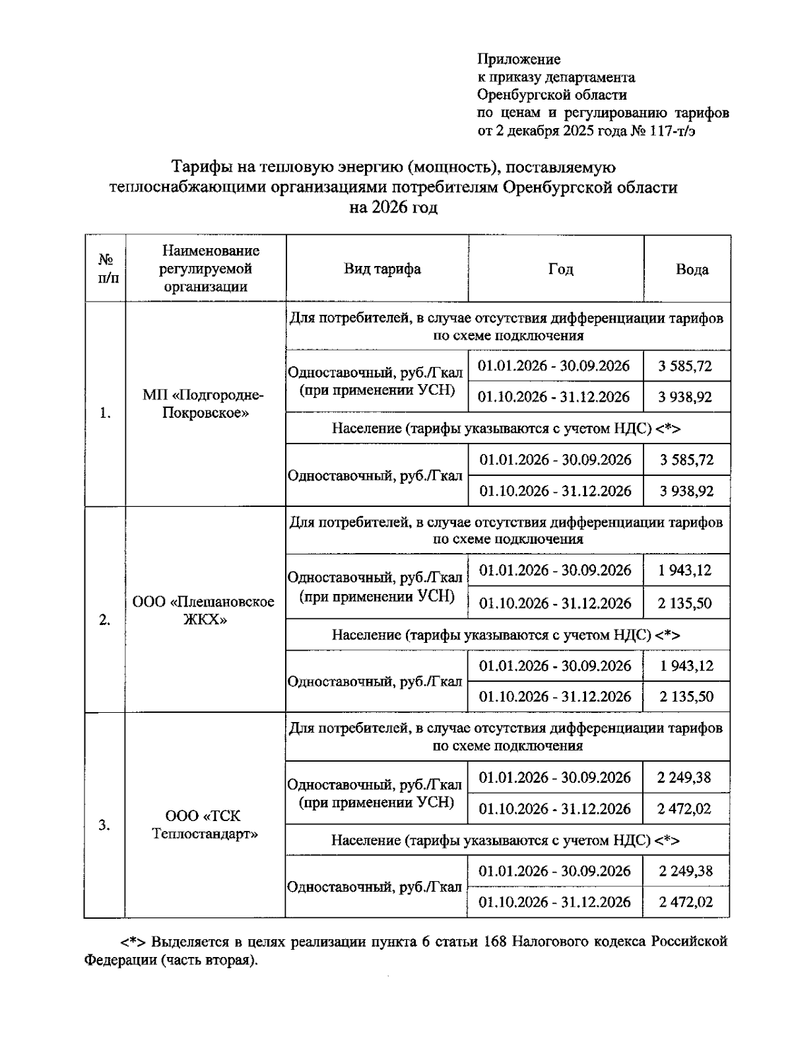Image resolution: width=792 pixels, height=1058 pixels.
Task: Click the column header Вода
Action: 692,269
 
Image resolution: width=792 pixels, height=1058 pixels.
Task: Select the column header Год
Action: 560,269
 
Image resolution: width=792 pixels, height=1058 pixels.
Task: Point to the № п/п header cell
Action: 104,269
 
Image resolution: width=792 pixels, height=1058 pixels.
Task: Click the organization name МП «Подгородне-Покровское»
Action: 205,405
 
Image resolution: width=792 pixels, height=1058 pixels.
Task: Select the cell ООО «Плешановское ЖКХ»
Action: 205,611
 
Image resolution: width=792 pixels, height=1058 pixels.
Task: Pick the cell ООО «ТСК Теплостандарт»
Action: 205,825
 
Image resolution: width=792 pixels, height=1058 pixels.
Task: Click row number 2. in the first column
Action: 104,620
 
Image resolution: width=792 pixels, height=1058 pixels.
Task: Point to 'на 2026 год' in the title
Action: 393,208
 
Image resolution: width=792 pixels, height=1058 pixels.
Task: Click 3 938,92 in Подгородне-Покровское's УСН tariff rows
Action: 685,397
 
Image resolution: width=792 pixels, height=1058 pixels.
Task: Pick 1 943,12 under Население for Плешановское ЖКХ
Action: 686,666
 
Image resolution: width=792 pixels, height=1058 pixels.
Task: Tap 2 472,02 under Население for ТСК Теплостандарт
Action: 686,902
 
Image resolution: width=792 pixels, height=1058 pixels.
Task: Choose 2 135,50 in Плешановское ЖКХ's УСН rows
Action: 685,603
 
